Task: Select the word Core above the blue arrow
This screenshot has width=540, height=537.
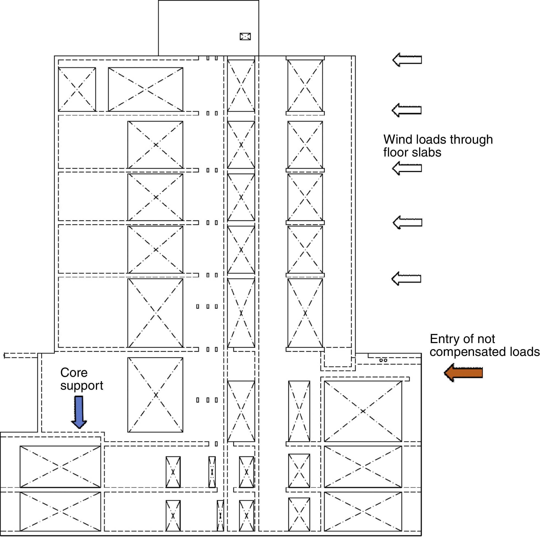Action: coord(74,373)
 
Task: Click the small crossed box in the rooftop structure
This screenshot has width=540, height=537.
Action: coord(245,36)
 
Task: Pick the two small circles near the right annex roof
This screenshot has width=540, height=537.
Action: coord(383,360)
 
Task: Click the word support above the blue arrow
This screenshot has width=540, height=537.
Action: coord(82,386)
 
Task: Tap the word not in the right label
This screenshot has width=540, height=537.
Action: coord(487,339)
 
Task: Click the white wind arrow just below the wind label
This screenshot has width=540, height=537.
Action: coord(407,168)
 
